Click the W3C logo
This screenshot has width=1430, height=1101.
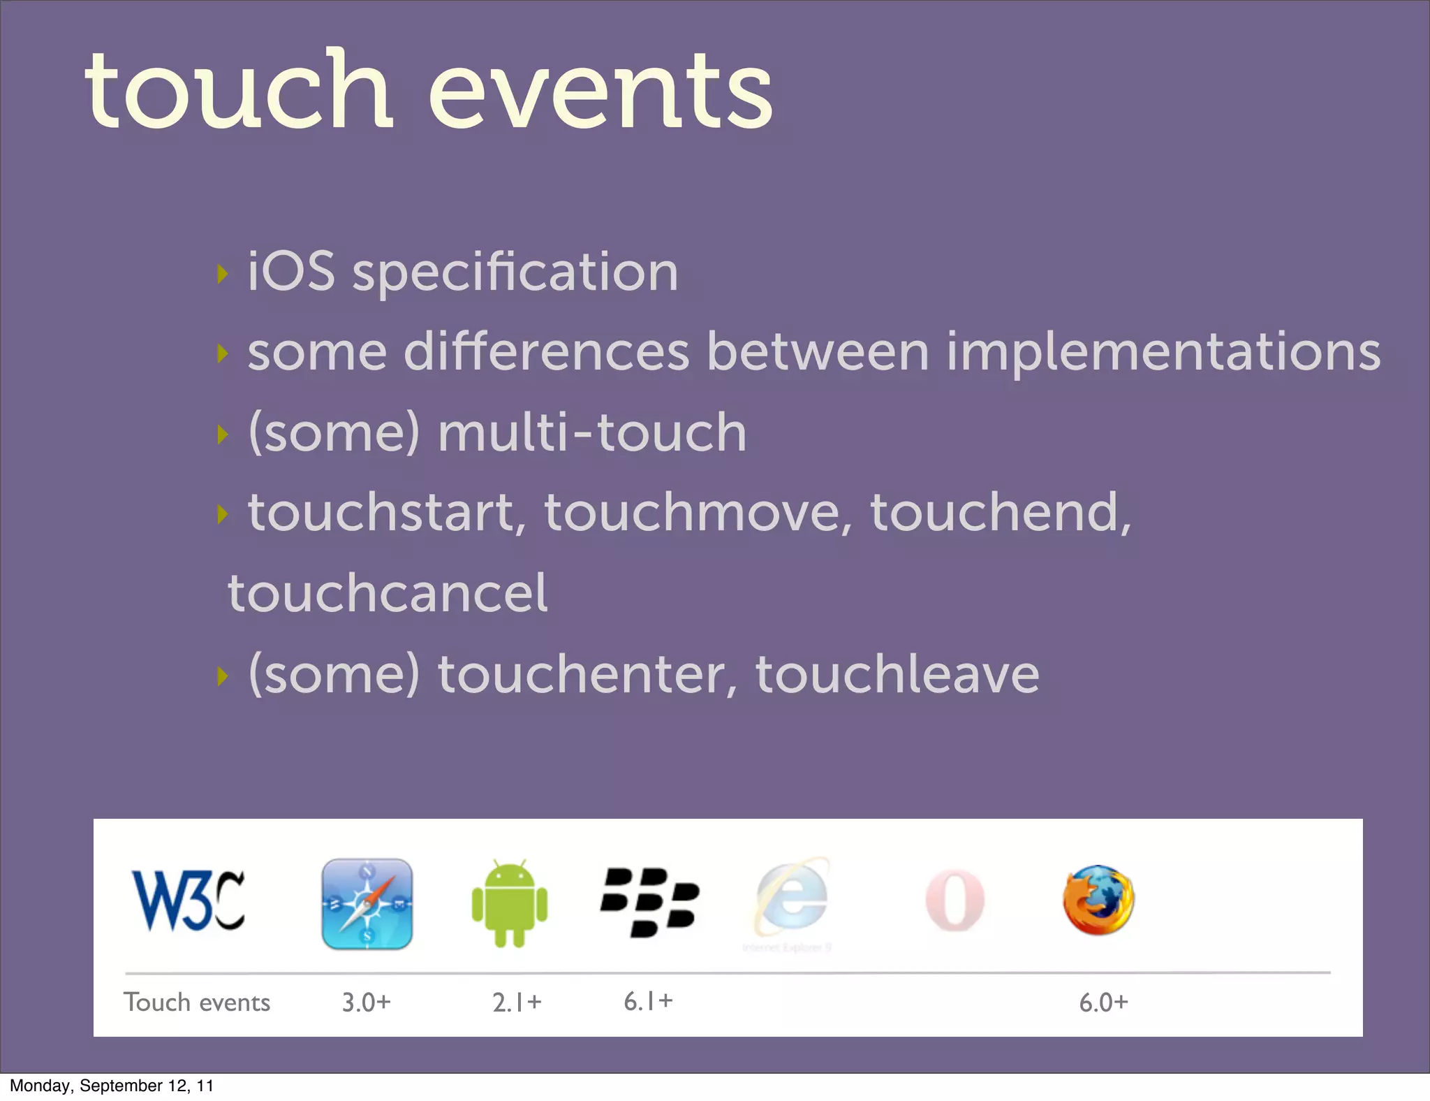(x=189, y=901)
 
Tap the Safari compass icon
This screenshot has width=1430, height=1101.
(x=367, y=903)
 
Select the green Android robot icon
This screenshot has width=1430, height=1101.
(x=510, y=903)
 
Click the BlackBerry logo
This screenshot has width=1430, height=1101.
(x=649, y=902)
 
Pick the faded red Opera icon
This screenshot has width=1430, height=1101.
(x=954, y=901)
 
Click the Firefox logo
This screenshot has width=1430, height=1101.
(x=1098, y=901)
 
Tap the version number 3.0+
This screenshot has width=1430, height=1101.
(x=366, y=1002)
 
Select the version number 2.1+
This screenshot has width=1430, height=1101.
(x=517, y=1002)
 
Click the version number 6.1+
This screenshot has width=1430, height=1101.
(x=648, y=1001)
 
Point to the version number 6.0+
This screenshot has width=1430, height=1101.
(x=1103, y=1002)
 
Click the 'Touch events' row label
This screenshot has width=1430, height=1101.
(x=197, y=1002)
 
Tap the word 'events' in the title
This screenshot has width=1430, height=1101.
(x=600, y=91)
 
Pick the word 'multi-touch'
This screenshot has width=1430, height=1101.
(x=592, y=432)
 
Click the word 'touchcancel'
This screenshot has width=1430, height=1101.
(x=388, y=593)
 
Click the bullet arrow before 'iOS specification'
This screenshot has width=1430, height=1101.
(x=223, y=273)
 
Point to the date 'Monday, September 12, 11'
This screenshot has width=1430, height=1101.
(x=112, y=1086)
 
